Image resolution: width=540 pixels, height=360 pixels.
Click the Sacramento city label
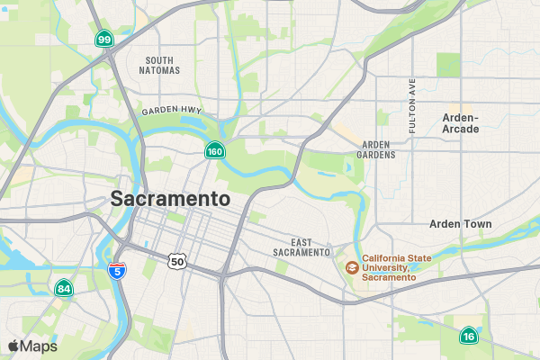click(x=170, y=199)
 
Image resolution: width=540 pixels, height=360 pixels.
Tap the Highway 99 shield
click(x=105, y=39)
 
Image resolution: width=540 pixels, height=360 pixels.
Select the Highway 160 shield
click(x=214, y=151)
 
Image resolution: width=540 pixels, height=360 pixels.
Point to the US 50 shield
click(x=177, y=261)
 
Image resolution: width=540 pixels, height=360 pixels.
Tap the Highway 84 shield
click(x=63, y=289)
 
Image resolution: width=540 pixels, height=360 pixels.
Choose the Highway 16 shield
click(x=468, y=337)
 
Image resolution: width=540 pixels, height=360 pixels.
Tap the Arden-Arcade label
click(x=461, y=123)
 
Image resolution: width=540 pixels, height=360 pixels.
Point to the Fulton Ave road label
click(x=412, y=105)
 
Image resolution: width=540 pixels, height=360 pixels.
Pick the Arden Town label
click(x=461, y=224)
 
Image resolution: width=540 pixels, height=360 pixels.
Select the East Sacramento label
click(x=301, y=247)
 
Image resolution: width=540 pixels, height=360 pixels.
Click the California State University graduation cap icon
click(x=352, y=267)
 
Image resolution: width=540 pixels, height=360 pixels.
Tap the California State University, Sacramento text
click(x=396, y=268)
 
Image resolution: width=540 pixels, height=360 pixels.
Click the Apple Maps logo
click(x=13, y=346)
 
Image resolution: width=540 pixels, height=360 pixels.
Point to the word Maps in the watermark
click(x=39, y=346)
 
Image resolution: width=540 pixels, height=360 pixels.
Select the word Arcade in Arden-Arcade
click(x=461, y=130)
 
